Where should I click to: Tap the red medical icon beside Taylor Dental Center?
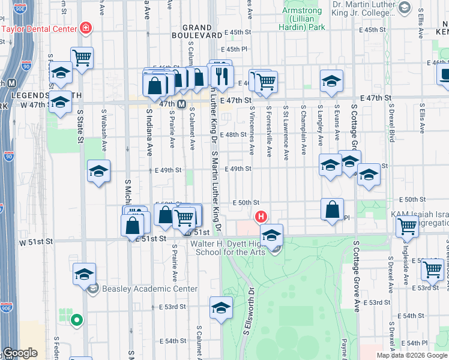(x=86, y=28)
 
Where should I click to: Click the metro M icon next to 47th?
(x=181, y=104)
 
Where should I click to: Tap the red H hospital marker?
(x=261, y=216)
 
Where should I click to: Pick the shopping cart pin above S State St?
(x=82, y=58)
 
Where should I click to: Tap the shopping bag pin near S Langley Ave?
(x=332, y=209)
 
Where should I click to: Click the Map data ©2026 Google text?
(x=411, y=355)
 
